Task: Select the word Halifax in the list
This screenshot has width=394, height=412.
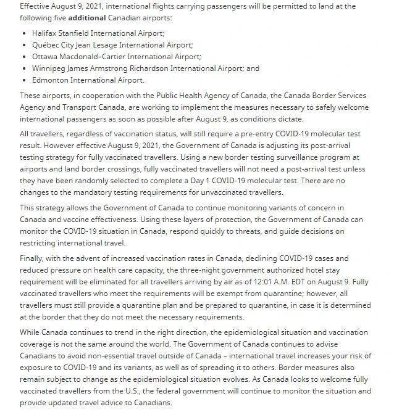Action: pyautogui.click(x=44, y=33)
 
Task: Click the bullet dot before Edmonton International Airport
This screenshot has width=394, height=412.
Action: pyautogui.click(x=24, y=80)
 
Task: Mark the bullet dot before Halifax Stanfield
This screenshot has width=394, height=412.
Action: pyautogui.click(x=24, y=33)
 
